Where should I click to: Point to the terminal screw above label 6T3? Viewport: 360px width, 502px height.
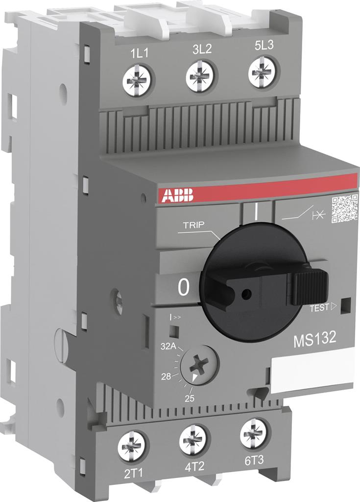[x=254, y=433]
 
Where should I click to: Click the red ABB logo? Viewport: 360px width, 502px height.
[x=176, y=195]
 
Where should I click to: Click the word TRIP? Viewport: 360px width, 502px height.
[x=193, y=226]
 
